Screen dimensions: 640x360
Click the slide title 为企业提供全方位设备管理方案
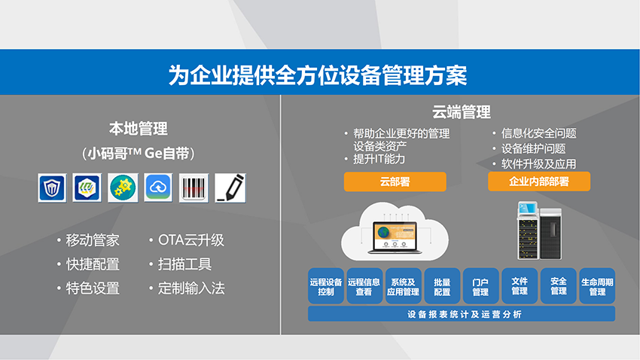318,75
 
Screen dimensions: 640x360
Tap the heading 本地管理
138,129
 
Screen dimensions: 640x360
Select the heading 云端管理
462,111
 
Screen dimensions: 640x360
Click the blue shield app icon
52,188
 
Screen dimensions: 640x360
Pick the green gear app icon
123,188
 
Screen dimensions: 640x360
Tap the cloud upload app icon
158,188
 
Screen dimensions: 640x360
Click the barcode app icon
194,188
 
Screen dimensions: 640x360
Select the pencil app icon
230,188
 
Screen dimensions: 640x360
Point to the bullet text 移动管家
93,240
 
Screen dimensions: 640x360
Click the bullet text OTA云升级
191,240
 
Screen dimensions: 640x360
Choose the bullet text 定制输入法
191,288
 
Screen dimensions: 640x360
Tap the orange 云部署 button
395,182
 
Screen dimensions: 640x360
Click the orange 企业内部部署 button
539,182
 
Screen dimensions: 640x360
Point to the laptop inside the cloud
395,237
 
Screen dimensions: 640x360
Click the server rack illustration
540,230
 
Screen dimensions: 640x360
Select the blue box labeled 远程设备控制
326,286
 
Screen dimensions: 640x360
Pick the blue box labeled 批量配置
442,286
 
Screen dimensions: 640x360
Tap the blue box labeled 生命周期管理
597,286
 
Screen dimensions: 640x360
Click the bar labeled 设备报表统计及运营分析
462,314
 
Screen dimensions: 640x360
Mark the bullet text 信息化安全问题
539,133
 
